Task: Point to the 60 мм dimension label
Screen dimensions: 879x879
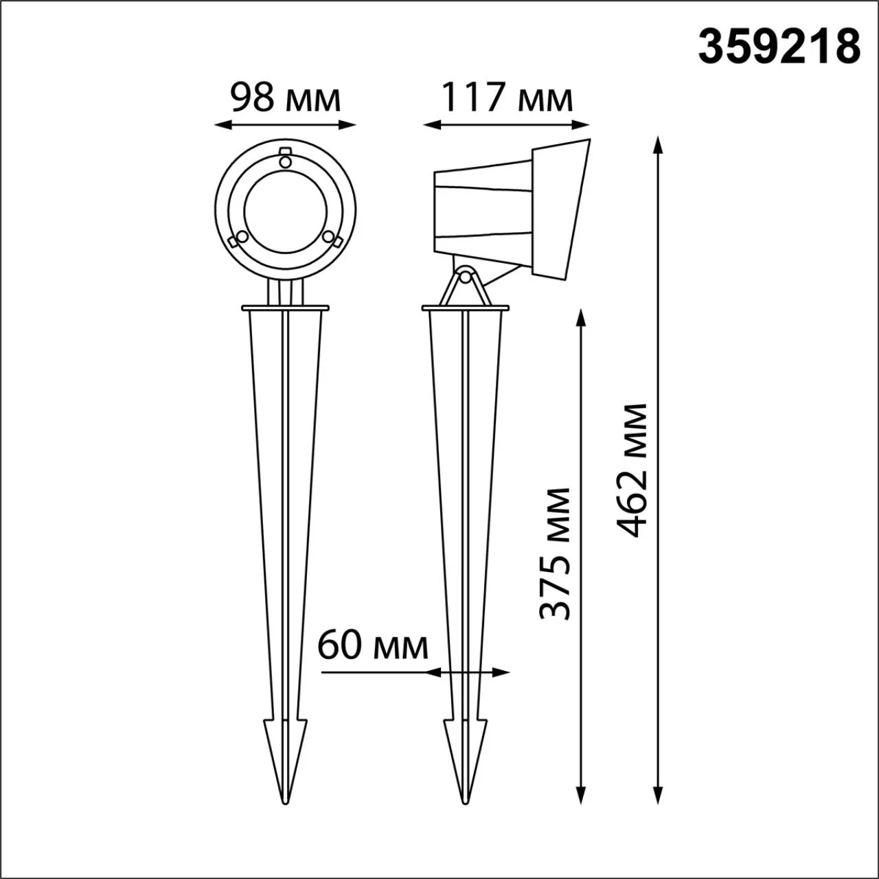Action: pos(373,646)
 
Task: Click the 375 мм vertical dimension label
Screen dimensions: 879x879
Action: pos(555,553)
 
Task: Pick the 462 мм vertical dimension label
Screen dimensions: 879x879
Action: pos(631,471)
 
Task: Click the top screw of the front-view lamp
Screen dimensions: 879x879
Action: pos(285,161)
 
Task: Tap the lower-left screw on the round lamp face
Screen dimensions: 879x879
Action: pos(242,236)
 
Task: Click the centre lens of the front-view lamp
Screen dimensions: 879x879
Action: pos(286,212)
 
